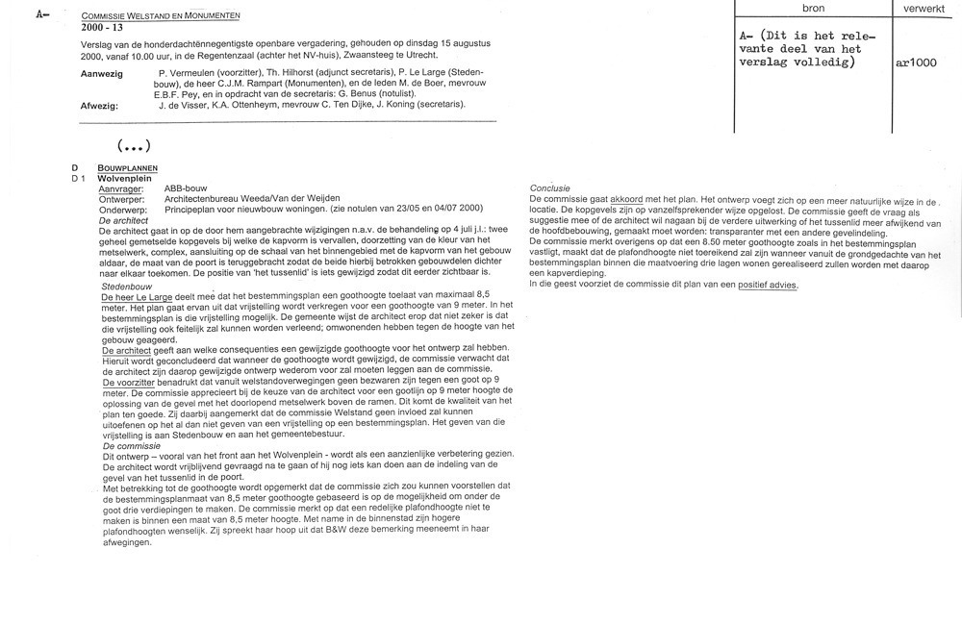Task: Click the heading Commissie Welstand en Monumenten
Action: point(161,16)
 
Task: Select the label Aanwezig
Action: point(102,73)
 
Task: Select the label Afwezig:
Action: point(100,105)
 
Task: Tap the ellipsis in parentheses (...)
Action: point(134,146)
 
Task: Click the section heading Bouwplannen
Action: point(120,167)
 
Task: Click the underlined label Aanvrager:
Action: point(120,188)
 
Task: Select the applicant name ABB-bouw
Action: point(186,188)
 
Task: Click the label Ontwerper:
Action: point(122,199)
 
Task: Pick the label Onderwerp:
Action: point(122,209)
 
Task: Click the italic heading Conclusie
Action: point(550,187)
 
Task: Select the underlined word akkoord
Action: point(626,198)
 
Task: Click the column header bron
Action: point(813,8)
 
